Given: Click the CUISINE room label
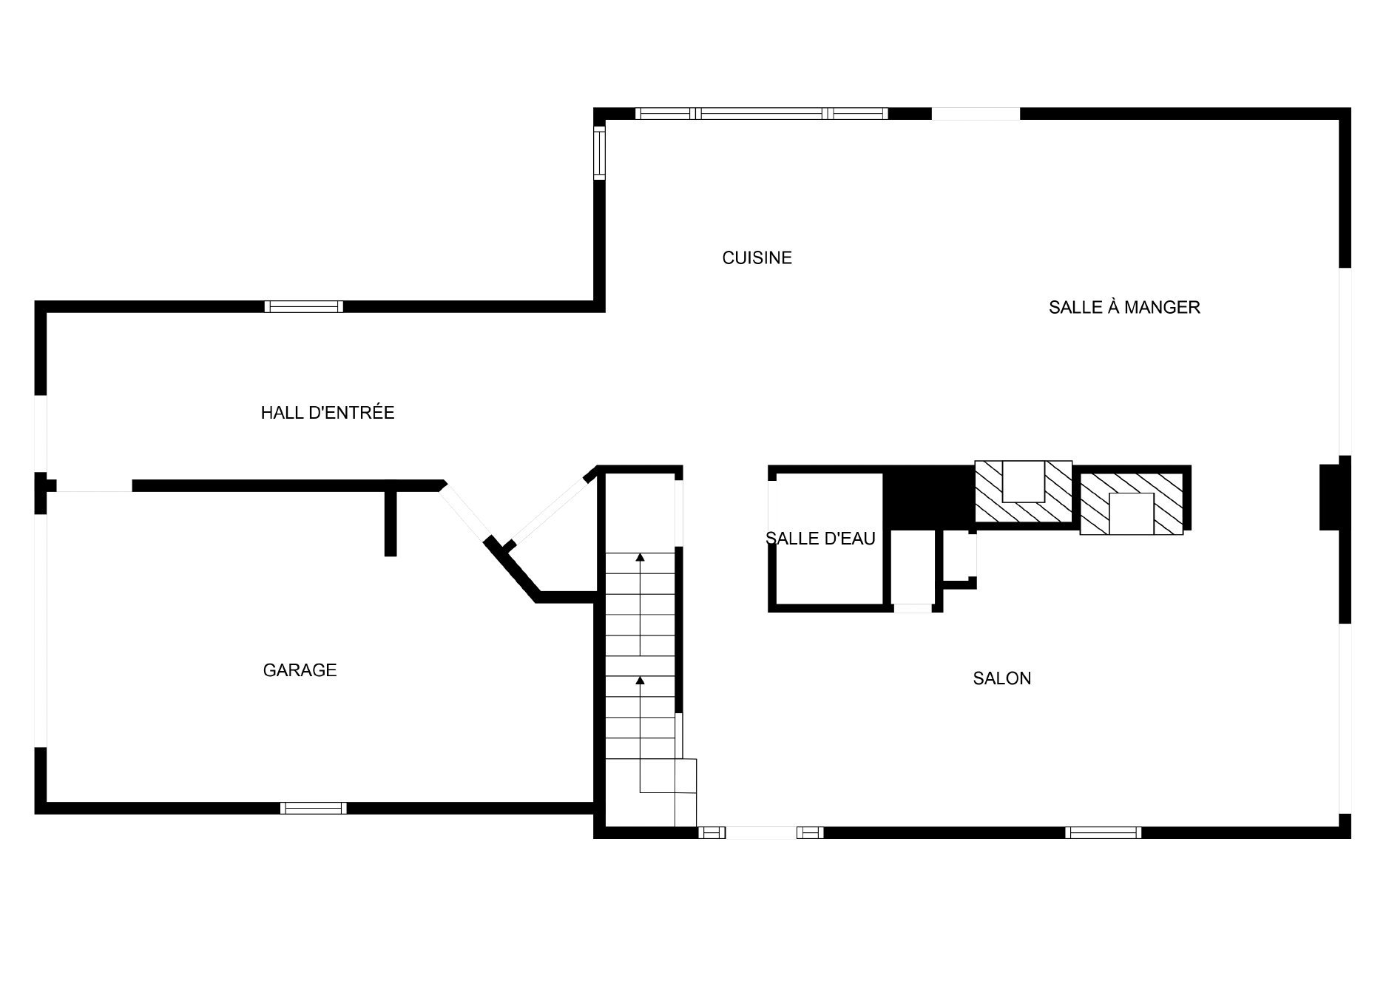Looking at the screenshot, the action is point(757,257).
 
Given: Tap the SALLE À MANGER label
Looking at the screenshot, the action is point(1124,307).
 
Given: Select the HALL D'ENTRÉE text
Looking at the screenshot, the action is point(328,413).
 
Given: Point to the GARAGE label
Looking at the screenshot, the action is point(300,670).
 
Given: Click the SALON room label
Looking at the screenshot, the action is point(1001,678).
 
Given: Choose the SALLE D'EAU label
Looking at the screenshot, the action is point(820,539).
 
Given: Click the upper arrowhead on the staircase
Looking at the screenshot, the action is point(640,556).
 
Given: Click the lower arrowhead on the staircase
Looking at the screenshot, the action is point(640,680).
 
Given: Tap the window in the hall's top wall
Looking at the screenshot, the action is point(304,306).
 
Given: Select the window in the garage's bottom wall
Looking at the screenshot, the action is point(313,808).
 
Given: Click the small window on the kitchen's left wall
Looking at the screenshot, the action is point(599,152).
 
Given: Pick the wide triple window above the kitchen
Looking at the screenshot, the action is point(761,113).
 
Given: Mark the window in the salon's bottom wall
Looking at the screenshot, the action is point(1103,832).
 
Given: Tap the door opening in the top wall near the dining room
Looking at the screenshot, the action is point(976,113).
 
